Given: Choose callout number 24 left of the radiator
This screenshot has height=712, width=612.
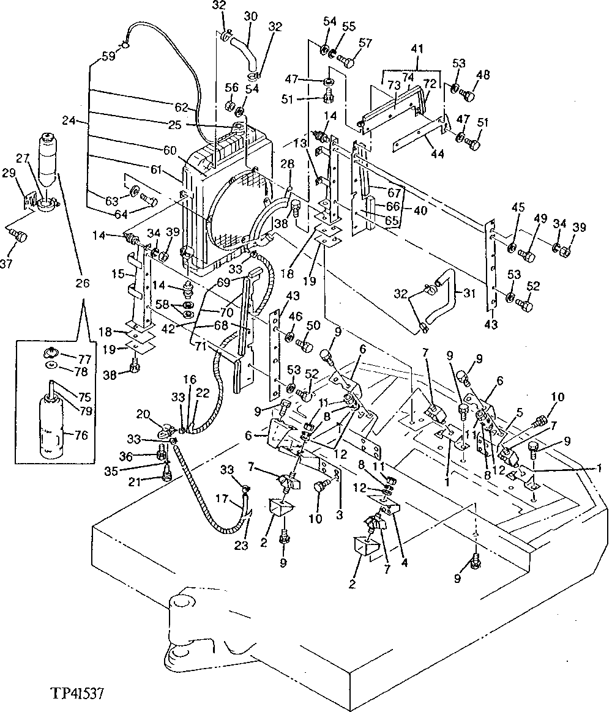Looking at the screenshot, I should point(69,121).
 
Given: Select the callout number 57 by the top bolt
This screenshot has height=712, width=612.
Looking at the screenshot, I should point(365,43).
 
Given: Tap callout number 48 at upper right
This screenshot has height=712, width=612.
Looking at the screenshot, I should point(483,76).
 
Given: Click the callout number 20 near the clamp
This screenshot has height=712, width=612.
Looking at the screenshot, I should point(143,414).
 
